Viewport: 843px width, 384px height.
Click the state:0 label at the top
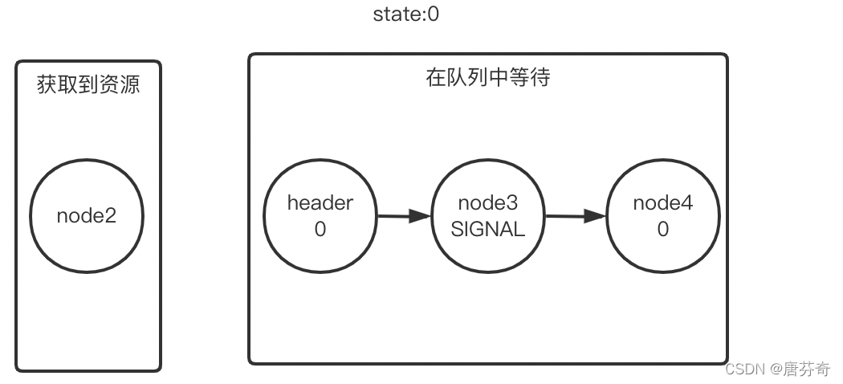pos(406,14)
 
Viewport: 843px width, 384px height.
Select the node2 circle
pos(87,216)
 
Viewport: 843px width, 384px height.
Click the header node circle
pos(320,216)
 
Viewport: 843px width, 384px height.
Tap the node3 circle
pos(487,216)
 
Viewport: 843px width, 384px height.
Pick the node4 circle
pos(662,216)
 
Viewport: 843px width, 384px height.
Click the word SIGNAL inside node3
pos(487,230)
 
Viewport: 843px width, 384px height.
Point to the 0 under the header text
pos(320,230)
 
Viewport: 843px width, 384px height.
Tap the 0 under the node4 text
pos(662,230)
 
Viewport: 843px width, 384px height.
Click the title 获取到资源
pos(88,84)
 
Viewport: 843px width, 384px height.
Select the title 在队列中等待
pos(487,78)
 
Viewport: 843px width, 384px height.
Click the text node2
pos(87,216)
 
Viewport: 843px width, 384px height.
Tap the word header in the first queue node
pos(320,203)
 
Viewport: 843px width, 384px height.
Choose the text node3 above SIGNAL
pos(487,203)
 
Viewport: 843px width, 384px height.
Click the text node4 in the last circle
pos(662,203)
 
